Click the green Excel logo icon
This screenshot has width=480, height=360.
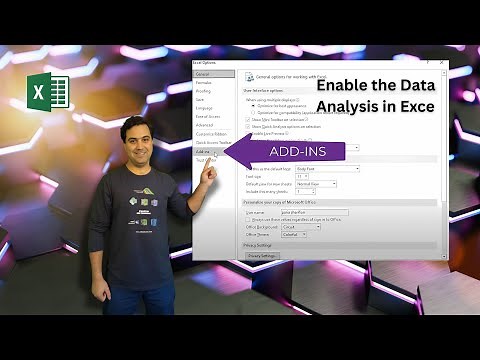coord(46,96)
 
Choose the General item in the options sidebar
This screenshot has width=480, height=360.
coord(202,74)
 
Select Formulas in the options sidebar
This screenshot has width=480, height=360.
coord(204,82)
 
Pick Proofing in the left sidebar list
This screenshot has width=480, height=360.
coord(204,91)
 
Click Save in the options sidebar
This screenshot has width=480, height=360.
coord(200,99)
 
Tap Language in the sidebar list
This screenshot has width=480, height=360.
coord(205,108)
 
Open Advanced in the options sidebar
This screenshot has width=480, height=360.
coord(205,125)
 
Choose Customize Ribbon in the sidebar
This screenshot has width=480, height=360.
coord(211,134)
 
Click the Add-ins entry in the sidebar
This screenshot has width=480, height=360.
coord(203,151)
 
